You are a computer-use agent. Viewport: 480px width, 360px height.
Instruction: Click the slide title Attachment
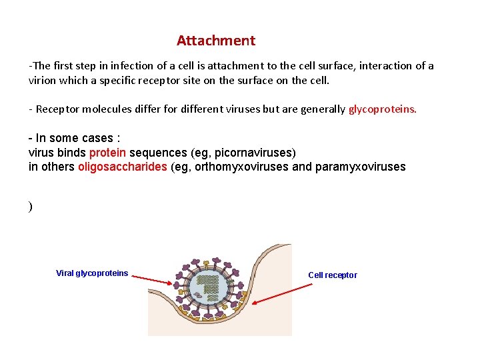pyautogui.click(x=215, y=41)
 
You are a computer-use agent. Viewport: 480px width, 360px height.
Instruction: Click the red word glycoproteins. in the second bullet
pyautogui.click(x=383, y=109)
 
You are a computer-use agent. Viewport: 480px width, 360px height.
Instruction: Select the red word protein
pyautogui.click(x=107, y=153)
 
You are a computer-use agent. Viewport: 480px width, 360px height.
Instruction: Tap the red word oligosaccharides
pyautogui.click(x=123, y=167)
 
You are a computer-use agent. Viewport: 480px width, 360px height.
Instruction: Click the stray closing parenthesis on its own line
pyautogui.click(x=31, y=207)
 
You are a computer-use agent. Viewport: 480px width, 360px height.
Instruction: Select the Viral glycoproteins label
pyautogui.click(x=92, y=273)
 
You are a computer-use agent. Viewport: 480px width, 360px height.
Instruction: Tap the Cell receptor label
pyautogui.click(x=332, y=275)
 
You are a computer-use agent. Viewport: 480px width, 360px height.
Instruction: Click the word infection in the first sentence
pyautogui.click(x=131, y=66)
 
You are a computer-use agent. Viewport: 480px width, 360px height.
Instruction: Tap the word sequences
pyautogui.click(x=158, y=153)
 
